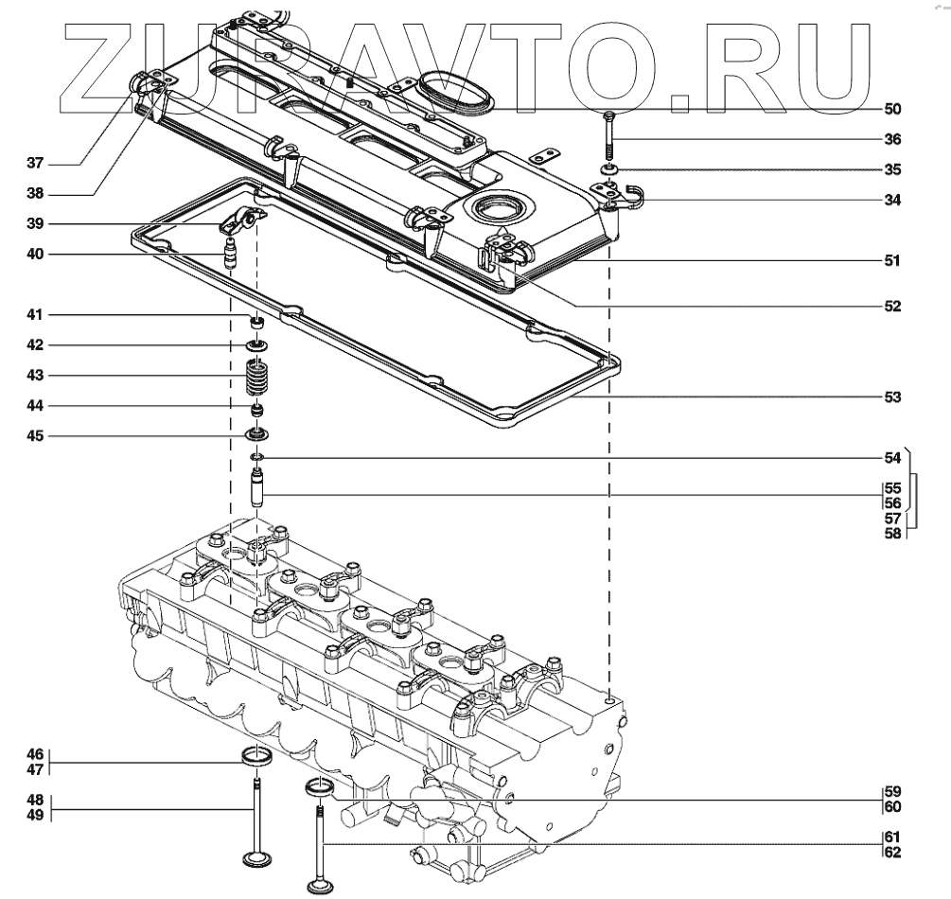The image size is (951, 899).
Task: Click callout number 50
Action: [x=892, y=109]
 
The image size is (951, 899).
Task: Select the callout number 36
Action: [x=892, y=139]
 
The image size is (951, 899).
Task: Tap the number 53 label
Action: [x=892, y=397]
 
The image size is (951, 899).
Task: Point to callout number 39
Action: [x=35, y=224]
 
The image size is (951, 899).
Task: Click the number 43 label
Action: [x=35, y=376]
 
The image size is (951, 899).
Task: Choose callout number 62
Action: [x=892, y=853]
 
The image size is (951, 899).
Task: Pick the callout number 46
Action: [x=35, y=754]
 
